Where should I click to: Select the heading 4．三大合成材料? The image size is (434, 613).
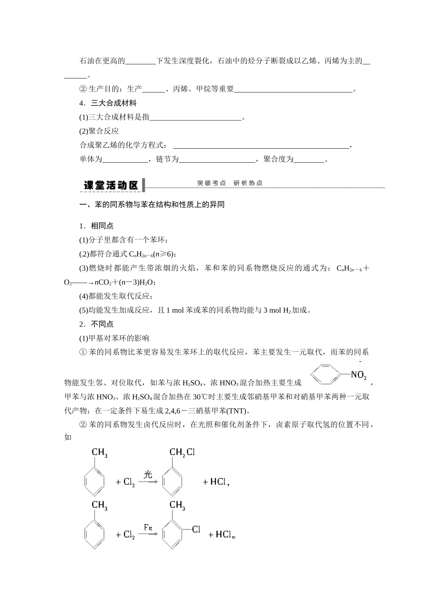point(108,104)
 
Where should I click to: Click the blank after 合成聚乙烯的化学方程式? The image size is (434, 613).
point(261,145)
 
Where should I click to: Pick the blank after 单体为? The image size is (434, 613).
point(125,160)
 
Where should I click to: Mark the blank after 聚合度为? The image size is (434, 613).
point(308,160)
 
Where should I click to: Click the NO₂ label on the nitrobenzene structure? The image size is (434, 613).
point(359,375)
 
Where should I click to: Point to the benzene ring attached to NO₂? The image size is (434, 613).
point(326,376)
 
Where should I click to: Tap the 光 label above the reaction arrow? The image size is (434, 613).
point(148,474)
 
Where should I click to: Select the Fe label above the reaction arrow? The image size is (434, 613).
point(148,527)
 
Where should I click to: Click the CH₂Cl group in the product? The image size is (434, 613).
point(182,452)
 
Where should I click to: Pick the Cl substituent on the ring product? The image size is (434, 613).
point(196,530)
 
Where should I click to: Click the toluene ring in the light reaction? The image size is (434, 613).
point(95,481)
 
